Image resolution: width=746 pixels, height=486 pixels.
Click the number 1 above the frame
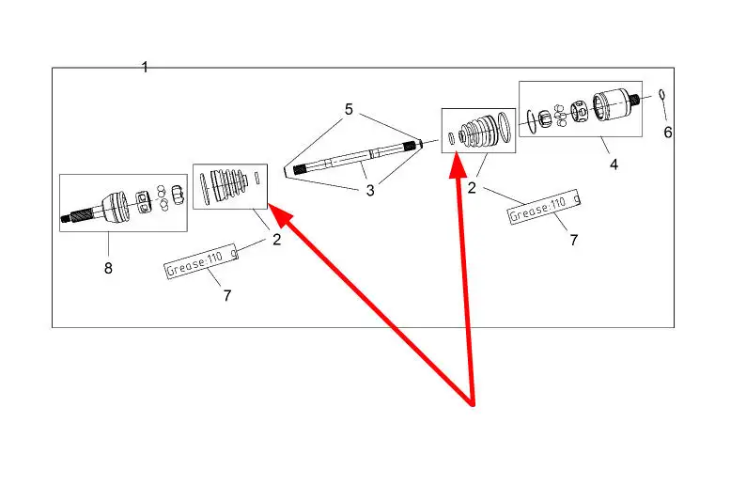click(145, 67)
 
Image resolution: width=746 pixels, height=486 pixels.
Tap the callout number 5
click(349, 110)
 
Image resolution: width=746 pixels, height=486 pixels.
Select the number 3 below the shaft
click(370, 191)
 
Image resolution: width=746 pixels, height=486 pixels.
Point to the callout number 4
click(614, 164)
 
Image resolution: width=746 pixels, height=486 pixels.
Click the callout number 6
click(668, 133)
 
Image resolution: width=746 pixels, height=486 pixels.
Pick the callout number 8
click(108, 268)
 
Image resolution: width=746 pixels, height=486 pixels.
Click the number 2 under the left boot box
click(276, 240)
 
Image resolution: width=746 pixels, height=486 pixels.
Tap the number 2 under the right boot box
click(473, 188)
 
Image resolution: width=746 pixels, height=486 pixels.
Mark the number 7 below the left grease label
click(227, 295)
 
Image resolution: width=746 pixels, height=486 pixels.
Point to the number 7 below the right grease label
click(573, 241)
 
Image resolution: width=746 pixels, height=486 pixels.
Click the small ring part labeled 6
click(662, 94)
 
